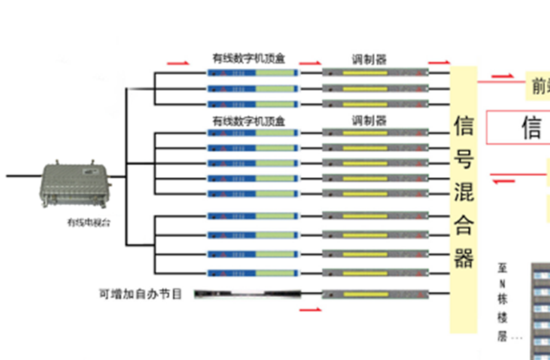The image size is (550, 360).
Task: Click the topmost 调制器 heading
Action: coord(369,58)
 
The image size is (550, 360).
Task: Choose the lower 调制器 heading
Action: coord(369,120)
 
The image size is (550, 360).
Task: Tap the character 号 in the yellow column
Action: coord(464,159)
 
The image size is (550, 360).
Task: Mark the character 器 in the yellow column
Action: coord(464,258)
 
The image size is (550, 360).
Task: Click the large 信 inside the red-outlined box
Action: coord(531,128)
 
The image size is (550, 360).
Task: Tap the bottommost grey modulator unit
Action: coord(375,294)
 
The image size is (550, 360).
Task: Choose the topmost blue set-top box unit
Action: coord(254,71)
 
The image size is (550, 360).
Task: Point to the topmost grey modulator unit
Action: coord(375,71)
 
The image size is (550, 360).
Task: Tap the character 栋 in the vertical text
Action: coord(502,301)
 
